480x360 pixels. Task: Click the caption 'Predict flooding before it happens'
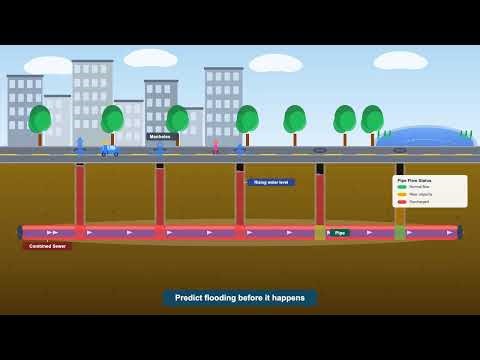point(240,298)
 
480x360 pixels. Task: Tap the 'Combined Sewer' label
point(47,246)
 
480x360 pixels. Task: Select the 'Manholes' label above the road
point(160,137)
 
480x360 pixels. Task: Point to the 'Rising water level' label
point(271,183)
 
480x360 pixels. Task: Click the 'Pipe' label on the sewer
point(339,233)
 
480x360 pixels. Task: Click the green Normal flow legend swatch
point(402,187)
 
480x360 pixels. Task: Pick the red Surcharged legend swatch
point(402,201)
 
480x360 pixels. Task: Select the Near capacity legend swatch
point(402,194)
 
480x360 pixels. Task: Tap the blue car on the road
point(109,151)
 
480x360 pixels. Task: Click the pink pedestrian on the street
point(215,147)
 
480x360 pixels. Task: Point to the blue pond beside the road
point(425,137)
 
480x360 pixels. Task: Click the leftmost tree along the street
point(40,123)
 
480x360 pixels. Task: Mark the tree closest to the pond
point(372,123)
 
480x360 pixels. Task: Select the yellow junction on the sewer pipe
point(320,233)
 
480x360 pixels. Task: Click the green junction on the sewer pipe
point(400,233)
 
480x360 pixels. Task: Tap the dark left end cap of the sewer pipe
point(20,233)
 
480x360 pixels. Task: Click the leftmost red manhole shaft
point(80,195)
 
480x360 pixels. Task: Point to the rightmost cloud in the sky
point(400,61)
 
